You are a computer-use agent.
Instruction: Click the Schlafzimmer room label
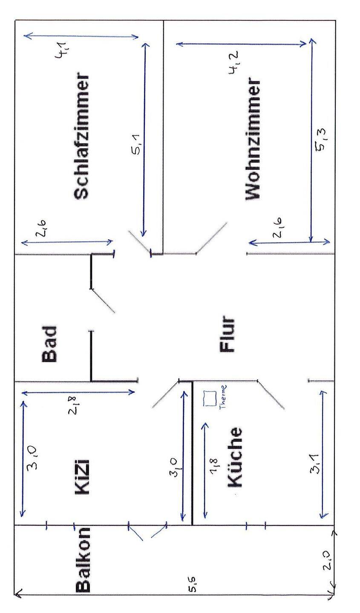(82, 137)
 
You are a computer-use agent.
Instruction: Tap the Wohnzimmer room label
(252, 139)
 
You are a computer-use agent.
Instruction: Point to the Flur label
(228, 334)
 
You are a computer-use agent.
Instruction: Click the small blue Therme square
(210, 398)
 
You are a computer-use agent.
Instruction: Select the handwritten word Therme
(223, 397)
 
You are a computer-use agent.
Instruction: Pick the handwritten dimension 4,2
(233, 63)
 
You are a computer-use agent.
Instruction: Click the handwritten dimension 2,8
(73, 405)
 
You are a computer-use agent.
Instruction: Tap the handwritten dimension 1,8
(214, 466)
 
